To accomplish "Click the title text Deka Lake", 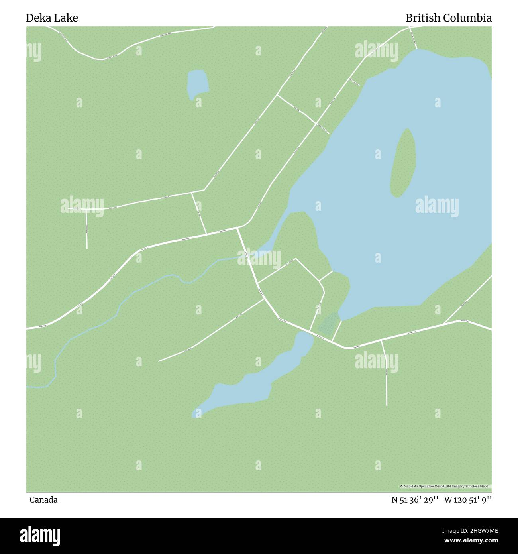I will pyautogui.click(x=52, y=18).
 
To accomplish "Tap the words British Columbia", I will pyautogui.click(x=448, y=18).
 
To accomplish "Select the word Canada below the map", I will pyautogui.click(x=43, y=500).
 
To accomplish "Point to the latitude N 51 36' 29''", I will pyautogui.click(x=415, y=500).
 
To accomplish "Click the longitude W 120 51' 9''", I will pyautogui.click(x=468, y=500).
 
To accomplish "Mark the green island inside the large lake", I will pyautogui.click(x=403, y=163).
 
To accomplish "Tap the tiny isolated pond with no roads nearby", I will pyautogui.click(x=198, y=84).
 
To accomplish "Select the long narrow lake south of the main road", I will pyautogui.click(x=255, y=383).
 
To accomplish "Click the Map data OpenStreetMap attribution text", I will pyautogui.click(x=445, y=486).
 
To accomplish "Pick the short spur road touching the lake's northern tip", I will pyautogui.click(x=413, y=38).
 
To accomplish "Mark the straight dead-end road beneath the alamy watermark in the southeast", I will pyautogui.click(x=386, y=379).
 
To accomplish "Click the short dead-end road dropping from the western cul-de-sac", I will pyautogui.click(x=86, y=229).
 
